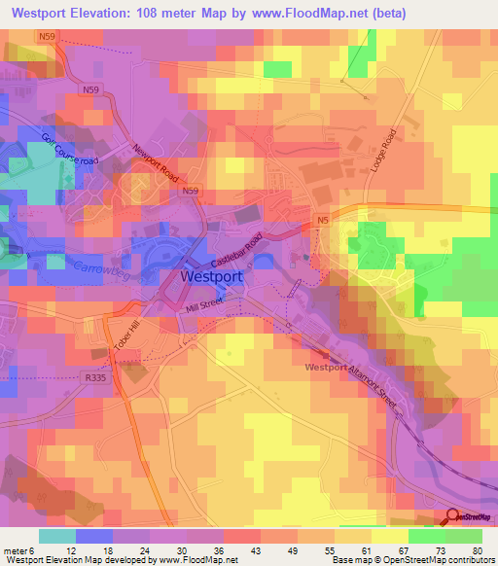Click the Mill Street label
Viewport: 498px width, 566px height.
point(204,309)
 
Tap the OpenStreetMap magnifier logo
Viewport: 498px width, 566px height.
point(455,518)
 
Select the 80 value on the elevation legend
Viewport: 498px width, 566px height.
point(475,550)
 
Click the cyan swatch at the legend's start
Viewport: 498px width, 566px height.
point(57,536)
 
